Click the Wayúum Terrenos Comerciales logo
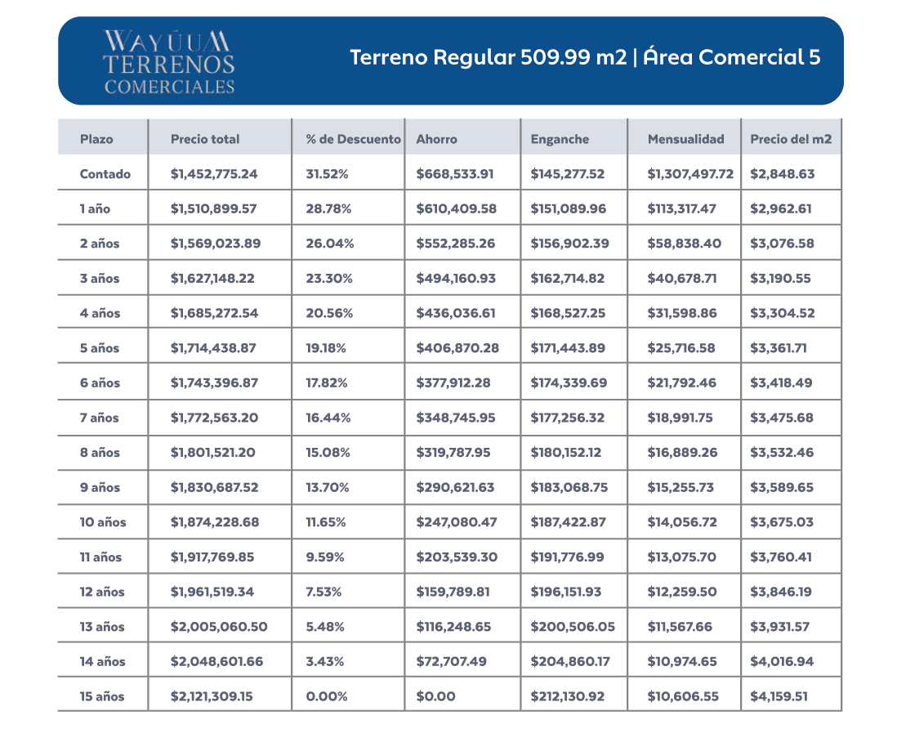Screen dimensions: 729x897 click(169, 61)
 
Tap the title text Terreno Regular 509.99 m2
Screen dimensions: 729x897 click(488, 58)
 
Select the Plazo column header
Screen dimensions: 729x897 click(96, 139)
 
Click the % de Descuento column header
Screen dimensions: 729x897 click(353, 139)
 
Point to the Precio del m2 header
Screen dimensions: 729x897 click(791, 139)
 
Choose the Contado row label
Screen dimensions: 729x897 click(105, 174)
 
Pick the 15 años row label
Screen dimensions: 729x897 click(102, 696)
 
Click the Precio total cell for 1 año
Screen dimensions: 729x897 click(213, 208)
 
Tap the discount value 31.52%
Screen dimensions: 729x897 click(328, 174)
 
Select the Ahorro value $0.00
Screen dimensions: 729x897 click(435, 696)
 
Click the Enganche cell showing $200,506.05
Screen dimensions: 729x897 click(573, 627)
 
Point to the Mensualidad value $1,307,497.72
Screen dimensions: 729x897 click(690, 174)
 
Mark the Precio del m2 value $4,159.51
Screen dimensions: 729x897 click(783, 696)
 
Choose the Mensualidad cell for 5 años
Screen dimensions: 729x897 click(681, 348)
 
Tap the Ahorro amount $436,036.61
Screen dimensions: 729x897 click(456, 313)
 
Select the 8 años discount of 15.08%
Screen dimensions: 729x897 click(328, 453)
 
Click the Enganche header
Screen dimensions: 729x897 click(560, 139)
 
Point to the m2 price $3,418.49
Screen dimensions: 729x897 click(781, 382)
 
